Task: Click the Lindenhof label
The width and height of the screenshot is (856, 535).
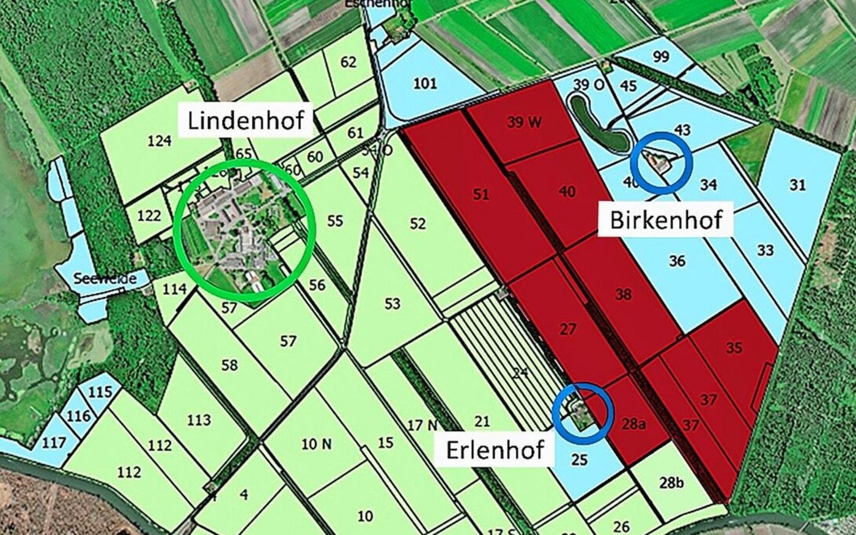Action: coord(246,120)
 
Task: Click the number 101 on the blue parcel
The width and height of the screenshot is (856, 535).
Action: coord(424,83)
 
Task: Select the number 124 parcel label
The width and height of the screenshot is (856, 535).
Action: coord(159,141)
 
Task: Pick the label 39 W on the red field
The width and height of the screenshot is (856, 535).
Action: coord(524,122)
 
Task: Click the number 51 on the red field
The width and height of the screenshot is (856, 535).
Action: coord(481,194)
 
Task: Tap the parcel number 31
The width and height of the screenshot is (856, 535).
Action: coord(797,185)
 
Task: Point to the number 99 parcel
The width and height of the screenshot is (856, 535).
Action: coord(660,57)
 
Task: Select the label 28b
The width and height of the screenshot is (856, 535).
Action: coord(671,483)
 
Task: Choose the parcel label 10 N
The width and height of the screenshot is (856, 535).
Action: coord(317,445)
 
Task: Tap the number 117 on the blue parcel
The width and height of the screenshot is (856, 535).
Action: coord(54,441)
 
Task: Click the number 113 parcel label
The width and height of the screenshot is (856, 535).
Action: coord(199,420)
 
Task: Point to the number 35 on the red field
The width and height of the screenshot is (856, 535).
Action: coord(734,347)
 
